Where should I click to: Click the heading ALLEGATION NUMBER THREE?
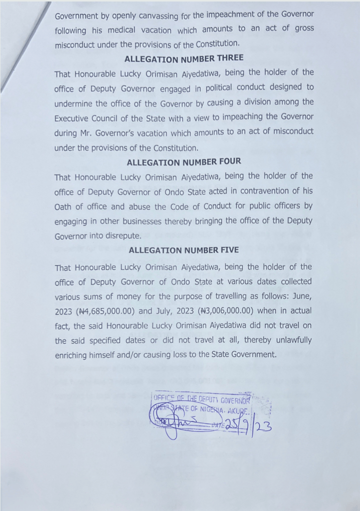(x=184, y=59)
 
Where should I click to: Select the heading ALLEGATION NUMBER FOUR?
(x=183, y=162)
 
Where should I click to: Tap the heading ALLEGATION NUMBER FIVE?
(x=183, y=250)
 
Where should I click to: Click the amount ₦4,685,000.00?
(x=106, y=311)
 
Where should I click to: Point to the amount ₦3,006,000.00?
(x=228, y=310)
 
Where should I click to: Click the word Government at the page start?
(x=76, y=16)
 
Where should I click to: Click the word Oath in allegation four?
(x=64, y=206)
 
